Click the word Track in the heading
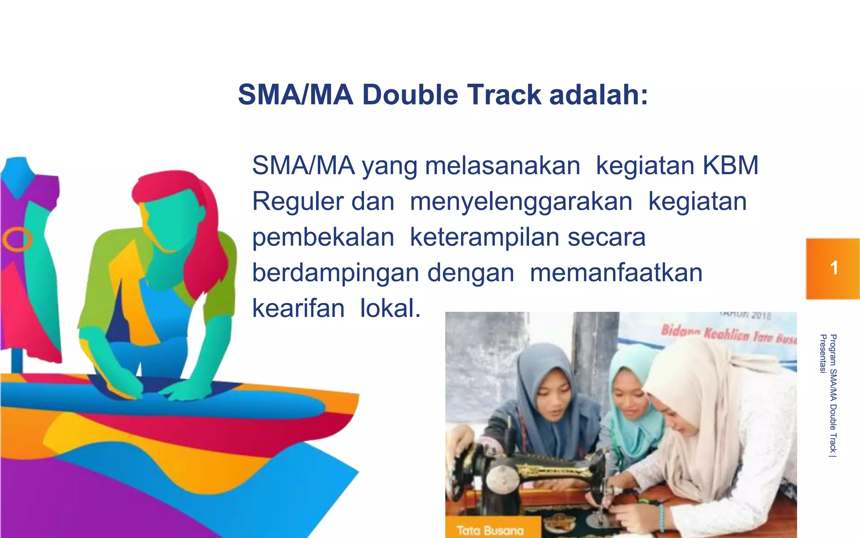(x=504, y=95)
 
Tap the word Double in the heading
(x=410, y=95)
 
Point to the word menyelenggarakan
(x=521, y=201)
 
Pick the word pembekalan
(x=323, y=237)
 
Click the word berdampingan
(x=335, y=273)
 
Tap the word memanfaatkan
(x=616, y=273)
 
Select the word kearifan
(x=298, y=308)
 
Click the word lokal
(x=390, y=308)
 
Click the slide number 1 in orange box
(x=834, y=268)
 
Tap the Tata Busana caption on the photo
(x=490, y=530)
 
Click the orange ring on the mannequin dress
(x=17, y=239)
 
